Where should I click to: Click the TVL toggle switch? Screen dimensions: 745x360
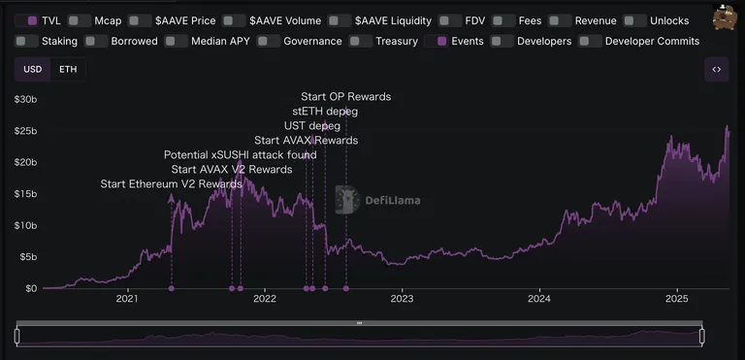click(26, 21)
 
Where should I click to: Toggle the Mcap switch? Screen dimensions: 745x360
click(80, 21)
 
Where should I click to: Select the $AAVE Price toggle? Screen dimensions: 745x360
click(140, 21)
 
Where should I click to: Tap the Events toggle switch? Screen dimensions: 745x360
click(437, 42)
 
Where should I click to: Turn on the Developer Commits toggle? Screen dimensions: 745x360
click(590, 42)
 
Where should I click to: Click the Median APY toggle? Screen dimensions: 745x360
click(177, 42)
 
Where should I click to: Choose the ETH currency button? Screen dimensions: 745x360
click(68, 70)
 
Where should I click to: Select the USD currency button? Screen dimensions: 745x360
click(33, 70)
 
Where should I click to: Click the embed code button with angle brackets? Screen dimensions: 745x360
click(717, 70)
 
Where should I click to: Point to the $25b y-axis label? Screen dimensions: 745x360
click(25, 131)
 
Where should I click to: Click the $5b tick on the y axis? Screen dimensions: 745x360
click(28, 257)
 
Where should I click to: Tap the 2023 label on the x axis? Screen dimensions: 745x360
click(402, 299)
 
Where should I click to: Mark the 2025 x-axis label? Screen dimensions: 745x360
click(677, 299)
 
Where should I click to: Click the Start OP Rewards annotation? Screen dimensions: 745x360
click(346, 97)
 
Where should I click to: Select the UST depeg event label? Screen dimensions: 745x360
click(312, 126)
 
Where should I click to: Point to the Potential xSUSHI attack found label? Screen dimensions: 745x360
click(240, 155)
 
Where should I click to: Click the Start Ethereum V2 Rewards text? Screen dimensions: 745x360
click(171, 184)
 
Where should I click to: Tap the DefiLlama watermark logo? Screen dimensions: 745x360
click(377, 200)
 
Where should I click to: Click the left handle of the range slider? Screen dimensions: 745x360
click(17, 336)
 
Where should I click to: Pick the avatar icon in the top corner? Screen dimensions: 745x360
click(724, 17)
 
